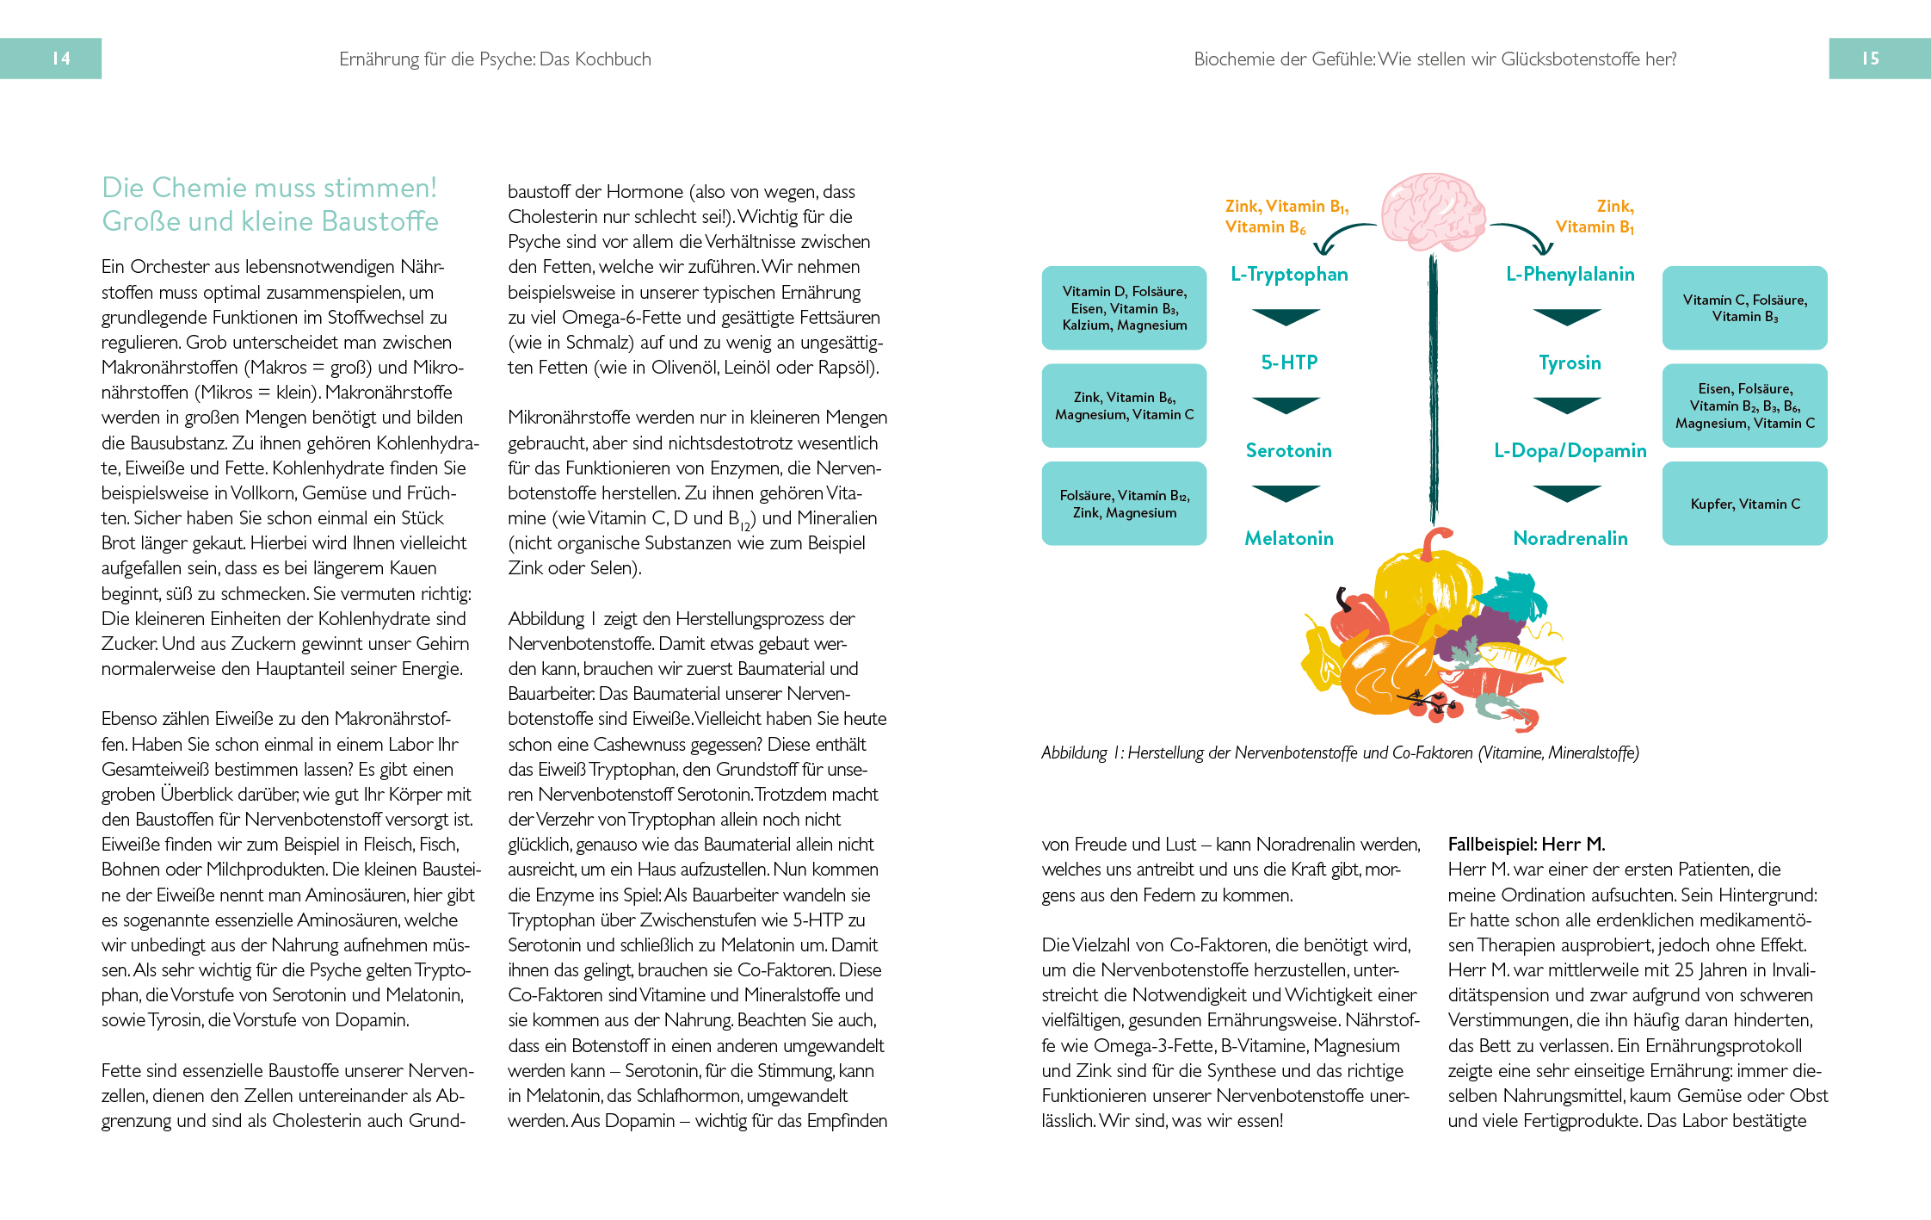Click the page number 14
pyautogui.click(x=61, y=59)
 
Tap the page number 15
pyautogui.click(x=1870, y=59)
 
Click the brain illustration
pyautogui.click(x=1433, y=212)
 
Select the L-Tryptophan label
pyautogui.click(x=1288, y=275)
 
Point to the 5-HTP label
pyautogui.click(x=1288, y=362)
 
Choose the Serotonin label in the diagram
pyautogui.click(x=1288, y=450)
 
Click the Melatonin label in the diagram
pyautogui.click(x=1288, y=539)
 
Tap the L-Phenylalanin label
pyautogui.click(x=1570, y=275)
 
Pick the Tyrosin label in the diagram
pyautogui.click(x=1570, y=362)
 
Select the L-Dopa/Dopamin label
pyautogui.click(x=1570, y=450)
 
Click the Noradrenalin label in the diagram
pyautogui.click(x=1570, y=539)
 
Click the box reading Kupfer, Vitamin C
pyautogui.click(x=1744, y=504)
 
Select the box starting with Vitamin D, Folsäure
pyautogui.click(x=1124, y=308)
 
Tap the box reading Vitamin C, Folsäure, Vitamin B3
pyautogui.click(x=1744, y=308)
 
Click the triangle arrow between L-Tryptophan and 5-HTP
pyautogui.click(x=1286, y=316)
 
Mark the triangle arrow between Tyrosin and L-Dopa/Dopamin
pyautogui.click(x=1567, y=405)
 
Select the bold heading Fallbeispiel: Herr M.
pyautogui.click(x=1526, y=844)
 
